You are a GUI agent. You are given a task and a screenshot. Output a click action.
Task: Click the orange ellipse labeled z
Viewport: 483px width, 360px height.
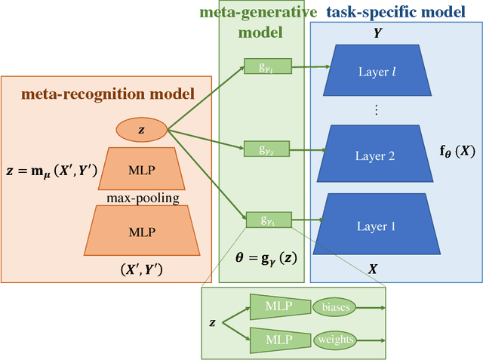coord(141,131)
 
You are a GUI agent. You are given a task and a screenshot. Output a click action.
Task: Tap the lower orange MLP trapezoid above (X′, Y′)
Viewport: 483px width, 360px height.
coord(141,230)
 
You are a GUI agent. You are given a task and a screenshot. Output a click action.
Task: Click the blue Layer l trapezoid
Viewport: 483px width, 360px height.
coord(377,71)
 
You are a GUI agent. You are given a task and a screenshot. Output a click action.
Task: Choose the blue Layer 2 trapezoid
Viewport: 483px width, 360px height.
coord(375,156)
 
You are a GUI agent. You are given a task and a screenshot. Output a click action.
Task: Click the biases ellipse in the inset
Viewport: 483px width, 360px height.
coord(336,308)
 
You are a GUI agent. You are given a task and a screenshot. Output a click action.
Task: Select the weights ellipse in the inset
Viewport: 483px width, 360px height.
coord(336,339)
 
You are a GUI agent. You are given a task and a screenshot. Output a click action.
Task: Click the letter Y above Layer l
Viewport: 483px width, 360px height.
coord(377,34)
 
